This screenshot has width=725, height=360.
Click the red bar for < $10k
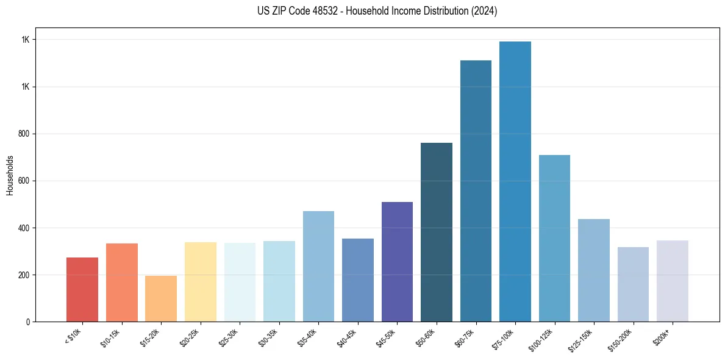[82, 290]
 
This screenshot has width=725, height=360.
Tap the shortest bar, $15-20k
[161, 299]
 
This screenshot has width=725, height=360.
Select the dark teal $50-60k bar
[437, 232]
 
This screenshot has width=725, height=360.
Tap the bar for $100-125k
[554, 239]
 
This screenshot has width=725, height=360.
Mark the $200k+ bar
[673, 281]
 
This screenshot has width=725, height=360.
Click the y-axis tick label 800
[23, 134]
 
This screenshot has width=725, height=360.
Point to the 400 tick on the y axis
[23, 228]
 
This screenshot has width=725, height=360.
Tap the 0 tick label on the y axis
[27, 322]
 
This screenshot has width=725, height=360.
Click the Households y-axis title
[10, 175]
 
